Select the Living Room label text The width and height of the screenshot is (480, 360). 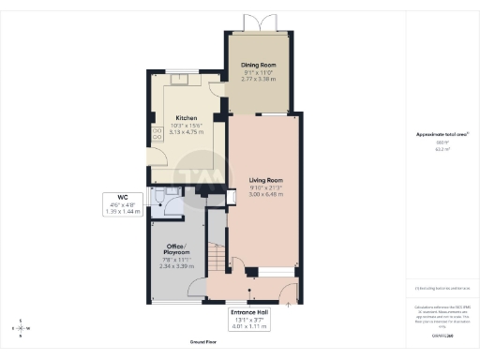click(265, 179)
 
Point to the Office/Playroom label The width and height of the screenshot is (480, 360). click(176, 250)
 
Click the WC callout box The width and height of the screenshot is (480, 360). click(121, 205)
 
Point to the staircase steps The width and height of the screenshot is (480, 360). click(215, 254)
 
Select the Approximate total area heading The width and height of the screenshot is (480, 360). click(442, 135)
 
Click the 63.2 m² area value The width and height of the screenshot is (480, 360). click(442, 149)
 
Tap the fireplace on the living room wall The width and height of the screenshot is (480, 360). click(231, 197)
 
